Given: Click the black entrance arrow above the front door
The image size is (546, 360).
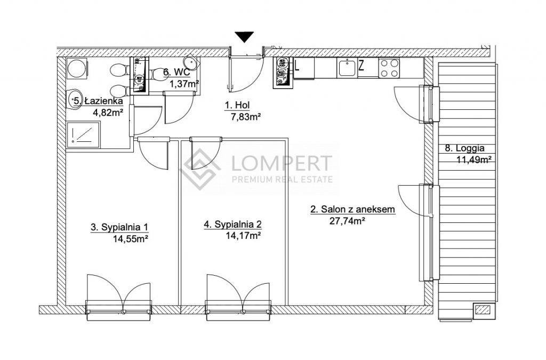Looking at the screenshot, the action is pos(244,36).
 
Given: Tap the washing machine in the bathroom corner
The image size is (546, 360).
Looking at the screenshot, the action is pos(77,69).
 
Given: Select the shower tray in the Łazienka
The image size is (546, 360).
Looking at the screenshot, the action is pos(83,134).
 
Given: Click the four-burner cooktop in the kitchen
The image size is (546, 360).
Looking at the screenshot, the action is pos(389,68).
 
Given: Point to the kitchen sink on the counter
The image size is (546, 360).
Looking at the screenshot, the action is pos(347,68).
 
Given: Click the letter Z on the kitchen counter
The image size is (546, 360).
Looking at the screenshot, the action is pos(362,66).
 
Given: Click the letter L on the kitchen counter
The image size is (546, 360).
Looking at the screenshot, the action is pos(297,66).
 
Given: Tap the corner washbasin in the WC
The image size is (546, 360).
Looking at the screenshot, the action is pos(192,63).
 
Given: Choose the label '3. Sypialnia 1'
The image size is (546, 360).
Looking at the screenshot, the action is pos(119,227).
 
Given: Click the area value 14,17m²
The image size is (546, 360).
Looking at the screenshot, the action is pos(243,236).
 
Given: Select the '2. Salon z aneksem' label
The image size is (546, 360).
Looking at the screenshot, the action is pos(353,209).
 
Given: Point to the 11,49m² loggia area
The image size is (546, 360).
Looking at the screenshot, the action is pos(473,160).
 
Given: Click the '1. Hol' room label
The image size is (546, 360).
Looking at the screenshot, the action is pos(237,105).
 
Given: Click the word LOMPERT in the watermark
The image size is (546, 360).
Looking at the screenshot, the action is pos(282,163).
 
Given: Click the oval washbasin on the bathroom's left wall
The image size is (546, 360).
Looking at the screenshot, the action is pos(74,100).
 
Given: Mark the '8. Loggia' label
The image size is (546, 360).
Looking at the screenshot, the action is pos(464,148).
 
